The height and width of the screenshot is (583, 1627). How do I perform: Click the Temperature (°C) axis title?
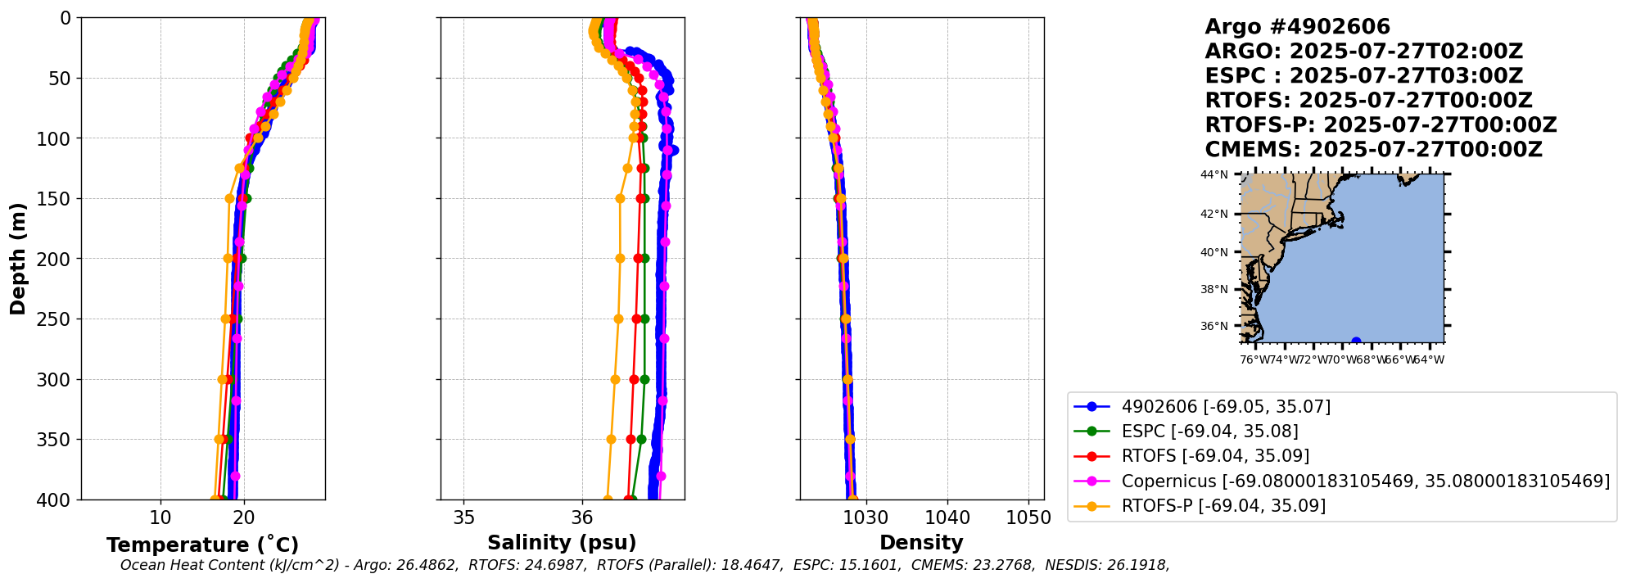point(202,545)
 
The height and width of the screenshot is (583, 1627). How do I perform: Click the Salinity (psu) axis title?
point(562,543)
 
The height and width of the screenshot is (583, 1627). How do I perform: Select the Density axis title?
point(921,543)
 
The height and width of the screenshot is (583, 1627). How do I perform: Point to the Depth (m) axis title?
point(18,259)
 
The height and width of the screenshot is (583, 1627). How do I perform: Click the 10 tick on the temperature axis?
point(160,518)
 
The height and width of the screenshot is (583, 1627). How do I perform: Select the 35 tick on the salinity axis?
point(463,518)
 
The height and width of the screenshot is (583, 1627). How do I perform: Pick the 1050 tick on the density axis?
point(1028,518)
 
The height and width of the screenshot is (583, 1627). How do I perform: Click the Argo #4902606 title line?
point(1297,27)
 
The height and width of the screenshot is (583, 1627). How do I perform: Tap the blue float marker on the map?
point(1356,341)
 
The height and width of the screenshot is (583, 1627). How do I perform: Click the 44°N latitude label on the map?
point(1214,174)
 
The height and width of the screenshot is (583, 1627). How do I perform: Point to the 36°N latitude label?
point(1214,326)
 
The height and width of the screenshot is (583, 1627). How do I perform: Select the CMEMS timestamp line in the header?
point(1373,150)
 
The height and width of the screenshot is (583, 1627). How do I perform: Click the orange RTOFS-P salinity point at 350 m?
point(611,439)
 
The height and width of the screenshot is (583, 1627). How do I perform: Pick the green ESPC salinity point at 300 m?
point(644,379)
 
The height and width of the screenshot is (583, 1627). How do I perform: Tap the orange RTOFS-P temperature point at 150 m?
point(229,198)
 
